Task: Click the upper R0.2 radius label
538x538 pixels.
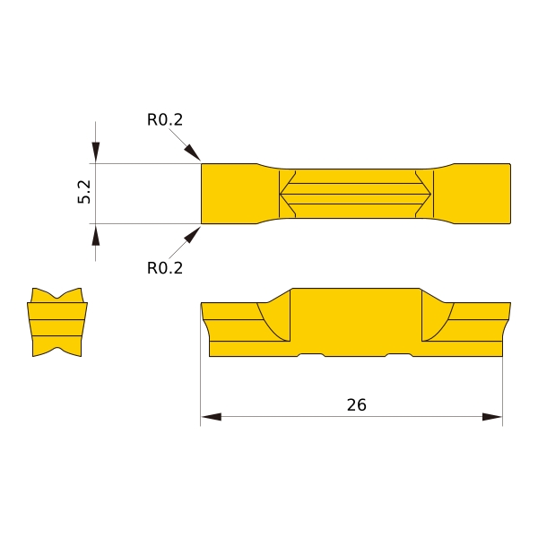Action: pyautogui.click(x=165, y=120)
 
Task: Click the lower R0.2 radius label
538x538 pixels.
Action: pyautogui.click(x=165, y=268)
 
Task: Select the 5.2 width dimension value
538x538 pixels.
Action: pyautogui.click(x=84, y=192)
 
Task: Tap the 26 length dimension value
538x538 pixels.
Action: pyautogui.click(x=357, y=405)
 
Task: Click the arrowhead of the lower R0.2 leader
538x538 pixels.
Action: pyautogui.click(x=193, y=235)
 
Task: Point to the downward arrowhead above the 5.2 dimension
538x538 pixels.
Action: pyautogui.click(x=96, y=152)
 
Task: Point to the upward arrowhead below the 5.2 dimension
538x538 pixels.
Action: pyautogui.click(x=96, y=235)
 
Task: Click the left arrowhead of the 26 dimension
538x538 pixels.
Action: pyautogui.click(x=212, y=417)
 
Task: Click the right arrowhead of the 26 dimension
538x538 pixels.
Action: pyautogui.click(x=492, y=417)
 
